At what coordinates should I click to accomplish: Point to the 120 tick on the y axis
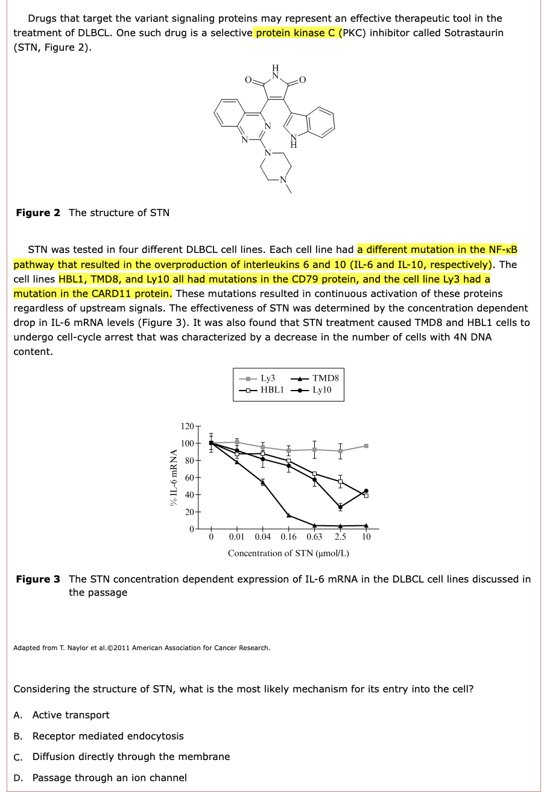coord(187,426)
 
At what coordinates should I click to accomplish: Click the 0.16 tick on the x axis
coord(288,537)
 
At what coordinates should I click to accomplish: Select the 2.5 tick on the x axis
coord(340,537)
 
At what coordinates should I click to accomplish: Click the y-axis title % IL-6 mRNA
coord(174,477)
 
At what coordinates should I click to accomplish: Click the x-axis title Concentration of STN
coord(288,553)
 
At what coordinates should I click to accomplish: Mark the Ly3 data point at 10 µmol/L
coord(366,446)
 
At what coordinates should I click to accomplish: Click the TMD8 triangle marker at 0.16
coord(289,515)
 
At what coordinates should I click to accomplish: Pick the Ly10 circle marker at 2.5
coord(340,507)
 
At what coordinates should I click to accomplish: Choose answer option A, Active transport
coord(71,715)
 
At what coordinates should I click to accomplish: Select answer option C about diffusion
coord(131,756)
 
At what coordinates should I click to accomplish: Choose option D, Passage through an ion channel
coord(109,778)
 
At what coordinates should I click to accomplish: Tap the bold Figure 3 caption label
coord(38,579)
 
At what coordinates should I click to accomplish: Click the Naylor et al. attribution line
coord(141,648)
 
